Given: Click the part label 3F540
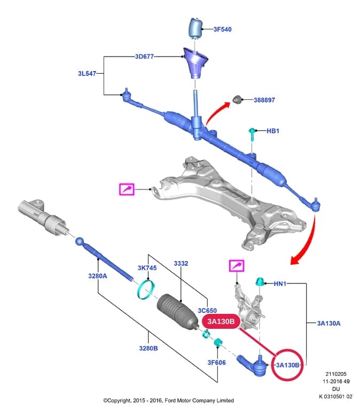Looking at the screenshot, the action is (x=222, y=29).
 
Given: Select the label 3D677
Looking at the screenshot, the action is (x=144, y=57).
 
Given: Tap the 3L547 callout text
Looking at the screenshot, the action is (x=87, y=74).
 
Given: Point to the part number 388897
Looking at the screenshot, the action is (x=264, y=100).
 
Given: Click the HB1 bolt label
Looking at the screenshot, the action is (x=273, y=131).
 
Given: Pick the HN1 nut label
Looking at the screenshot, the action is (x=280, y=283).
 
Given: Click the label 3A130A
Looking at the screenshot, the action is (x=328, y=323).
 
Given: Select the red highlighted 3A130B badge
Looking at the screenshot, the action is (x=221, y=321).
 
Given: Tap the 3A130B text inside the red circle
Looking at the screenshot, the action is (x=288, y=365).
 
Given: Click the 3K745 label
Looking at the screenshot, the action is (x=147, y=268).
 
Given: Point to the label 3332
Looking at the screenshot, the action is (x=181, y=264).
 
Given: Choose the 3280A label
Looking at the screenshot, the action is (x=98, y=276).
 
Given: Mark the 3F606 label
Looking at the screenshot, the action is (x=216, y=362).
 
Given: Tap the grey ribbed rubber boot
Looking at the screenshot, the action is (x=178, y=311).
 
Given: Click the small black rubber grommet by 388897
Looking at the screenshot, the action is (x=237, y=99).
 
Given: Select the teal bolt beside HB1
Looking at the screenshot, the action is (x=252, y=135).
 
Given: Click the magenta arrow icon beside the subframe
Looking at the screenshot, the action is (x=127, y=189).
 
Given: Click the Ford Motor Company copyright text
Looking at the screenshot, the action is (x=168, y=400).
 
